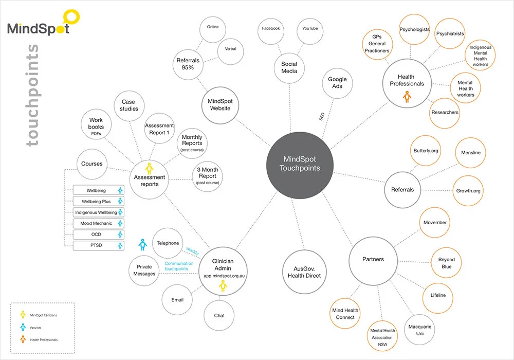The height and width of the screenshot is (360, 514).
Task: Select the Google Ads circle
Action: [x=338, y=83]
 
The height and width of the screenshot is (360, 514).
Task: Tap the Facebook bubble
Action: [x=271, y=29]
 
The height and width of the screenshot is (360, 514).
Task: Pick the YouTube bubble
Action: [x=310, y=29]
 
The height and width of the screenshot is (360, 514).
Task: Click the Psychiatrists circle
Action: [x=450, y=34]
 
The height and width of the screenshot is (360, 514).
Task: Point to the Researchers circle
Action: [x=445, y=112]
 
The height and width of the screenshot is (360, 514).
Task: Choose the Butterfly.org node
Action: [x=426, y=151]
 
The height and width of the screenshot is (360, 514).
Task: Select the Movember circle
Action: [x=435, y=223]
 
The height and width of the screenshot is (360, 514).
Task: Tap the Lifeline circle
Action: [x=438, y=295]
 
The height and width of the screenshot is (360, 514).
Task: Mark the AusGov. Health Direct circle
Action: [x=307, y=272]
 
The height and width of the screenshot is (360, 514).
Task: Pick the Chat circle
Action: [x=219, y=315]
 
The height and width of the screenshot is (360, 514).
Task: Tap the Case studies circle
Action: [x=129, y=105]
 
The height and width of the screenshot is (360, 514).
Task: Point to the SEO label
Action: [x=322, y=117]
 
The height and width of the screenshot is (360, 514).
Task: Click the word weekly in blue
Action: [x=192, y=250]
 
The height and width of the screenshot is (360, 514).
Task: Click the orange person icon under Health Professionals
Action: [x=407, y=97]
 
